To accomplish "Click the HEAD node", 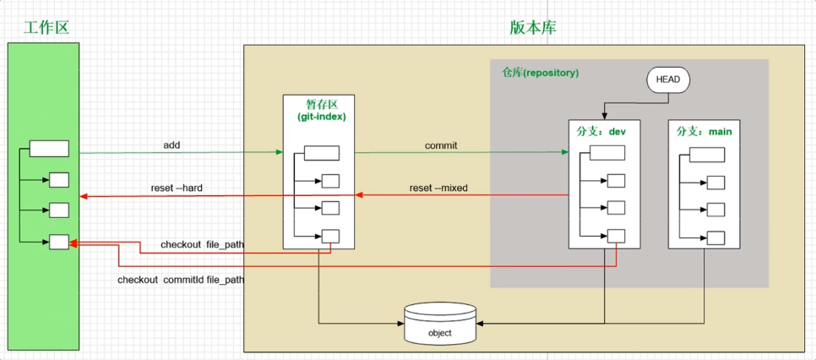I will pyautogui.click(x=668, y=79).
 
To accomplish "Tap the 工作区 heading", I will pyautogui.click(x=46, y=27).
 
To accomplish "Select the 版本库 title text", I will pyautogui.click(x=533, y=27).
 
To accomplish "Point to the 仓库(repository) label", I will pyautogui.click(x=540, y=73).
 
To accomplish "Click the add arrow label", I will pyautogui.click(x=171, y=145).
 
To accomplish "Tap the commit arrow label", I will pyautogui.click(x=441, y=145).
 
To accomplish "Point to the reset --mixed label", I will pyautogui.click(x=438, y=188).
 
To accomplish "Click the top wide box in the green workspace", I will pyautogui.click(x=49, y=149).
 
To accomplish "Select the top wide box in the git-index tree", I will pyautogui.click(x=321, y=153).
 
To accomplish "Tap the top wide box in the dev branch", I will pyautogui.click(x=607, y=153).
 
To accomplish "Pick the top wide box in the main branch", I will pyautogui.click(x=707, y=155).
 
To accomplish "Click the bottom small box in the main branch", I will pyautogui.click(x=716, y=237).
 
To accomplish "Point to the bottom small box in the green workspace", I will pyautogui.click(x=58, y=242).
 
